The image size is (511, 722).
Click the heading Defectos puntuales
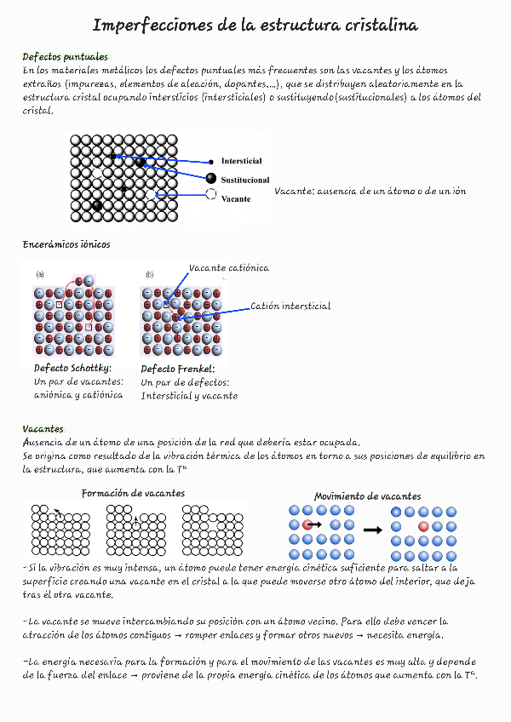click(x=65, y=57)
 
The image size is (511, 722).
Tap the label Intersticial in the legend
click(x=241, y=161)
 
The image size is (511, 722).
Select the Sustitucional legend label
click(x=245, y=180)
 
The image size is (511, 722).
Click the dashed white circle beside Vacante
click(x=210, y=194)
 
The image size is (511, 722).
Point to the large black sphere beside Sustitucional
click(x=210, y=178)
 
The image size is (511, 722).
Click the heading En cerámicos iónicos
click(x=66, y=244)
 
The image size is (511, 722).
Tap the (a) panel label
click(x=40, y=274)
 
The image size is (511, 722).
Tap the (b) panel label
click(x=150, y=274)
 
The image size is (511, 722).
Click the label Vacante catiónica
click(x=228, y=268)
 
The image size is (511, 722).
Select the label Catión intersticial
click(x=290, y=307)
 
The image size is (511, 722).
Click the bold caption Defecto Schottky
click(x=72, y=369)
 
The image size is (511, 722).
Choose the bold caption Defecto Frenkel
click(x=177, y=369)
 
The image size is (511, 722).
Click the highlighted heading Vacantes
click(x=43, y=428)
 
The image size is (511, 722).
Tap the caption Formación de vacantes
click(x=133, y=494)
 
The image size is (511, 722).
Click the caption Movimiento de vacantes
click(x=367, y=496)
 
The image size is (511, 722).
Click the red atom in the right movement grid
click(x=423, y=526)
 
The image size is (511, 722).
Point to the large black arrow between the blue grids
click(x=372, y=530)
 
